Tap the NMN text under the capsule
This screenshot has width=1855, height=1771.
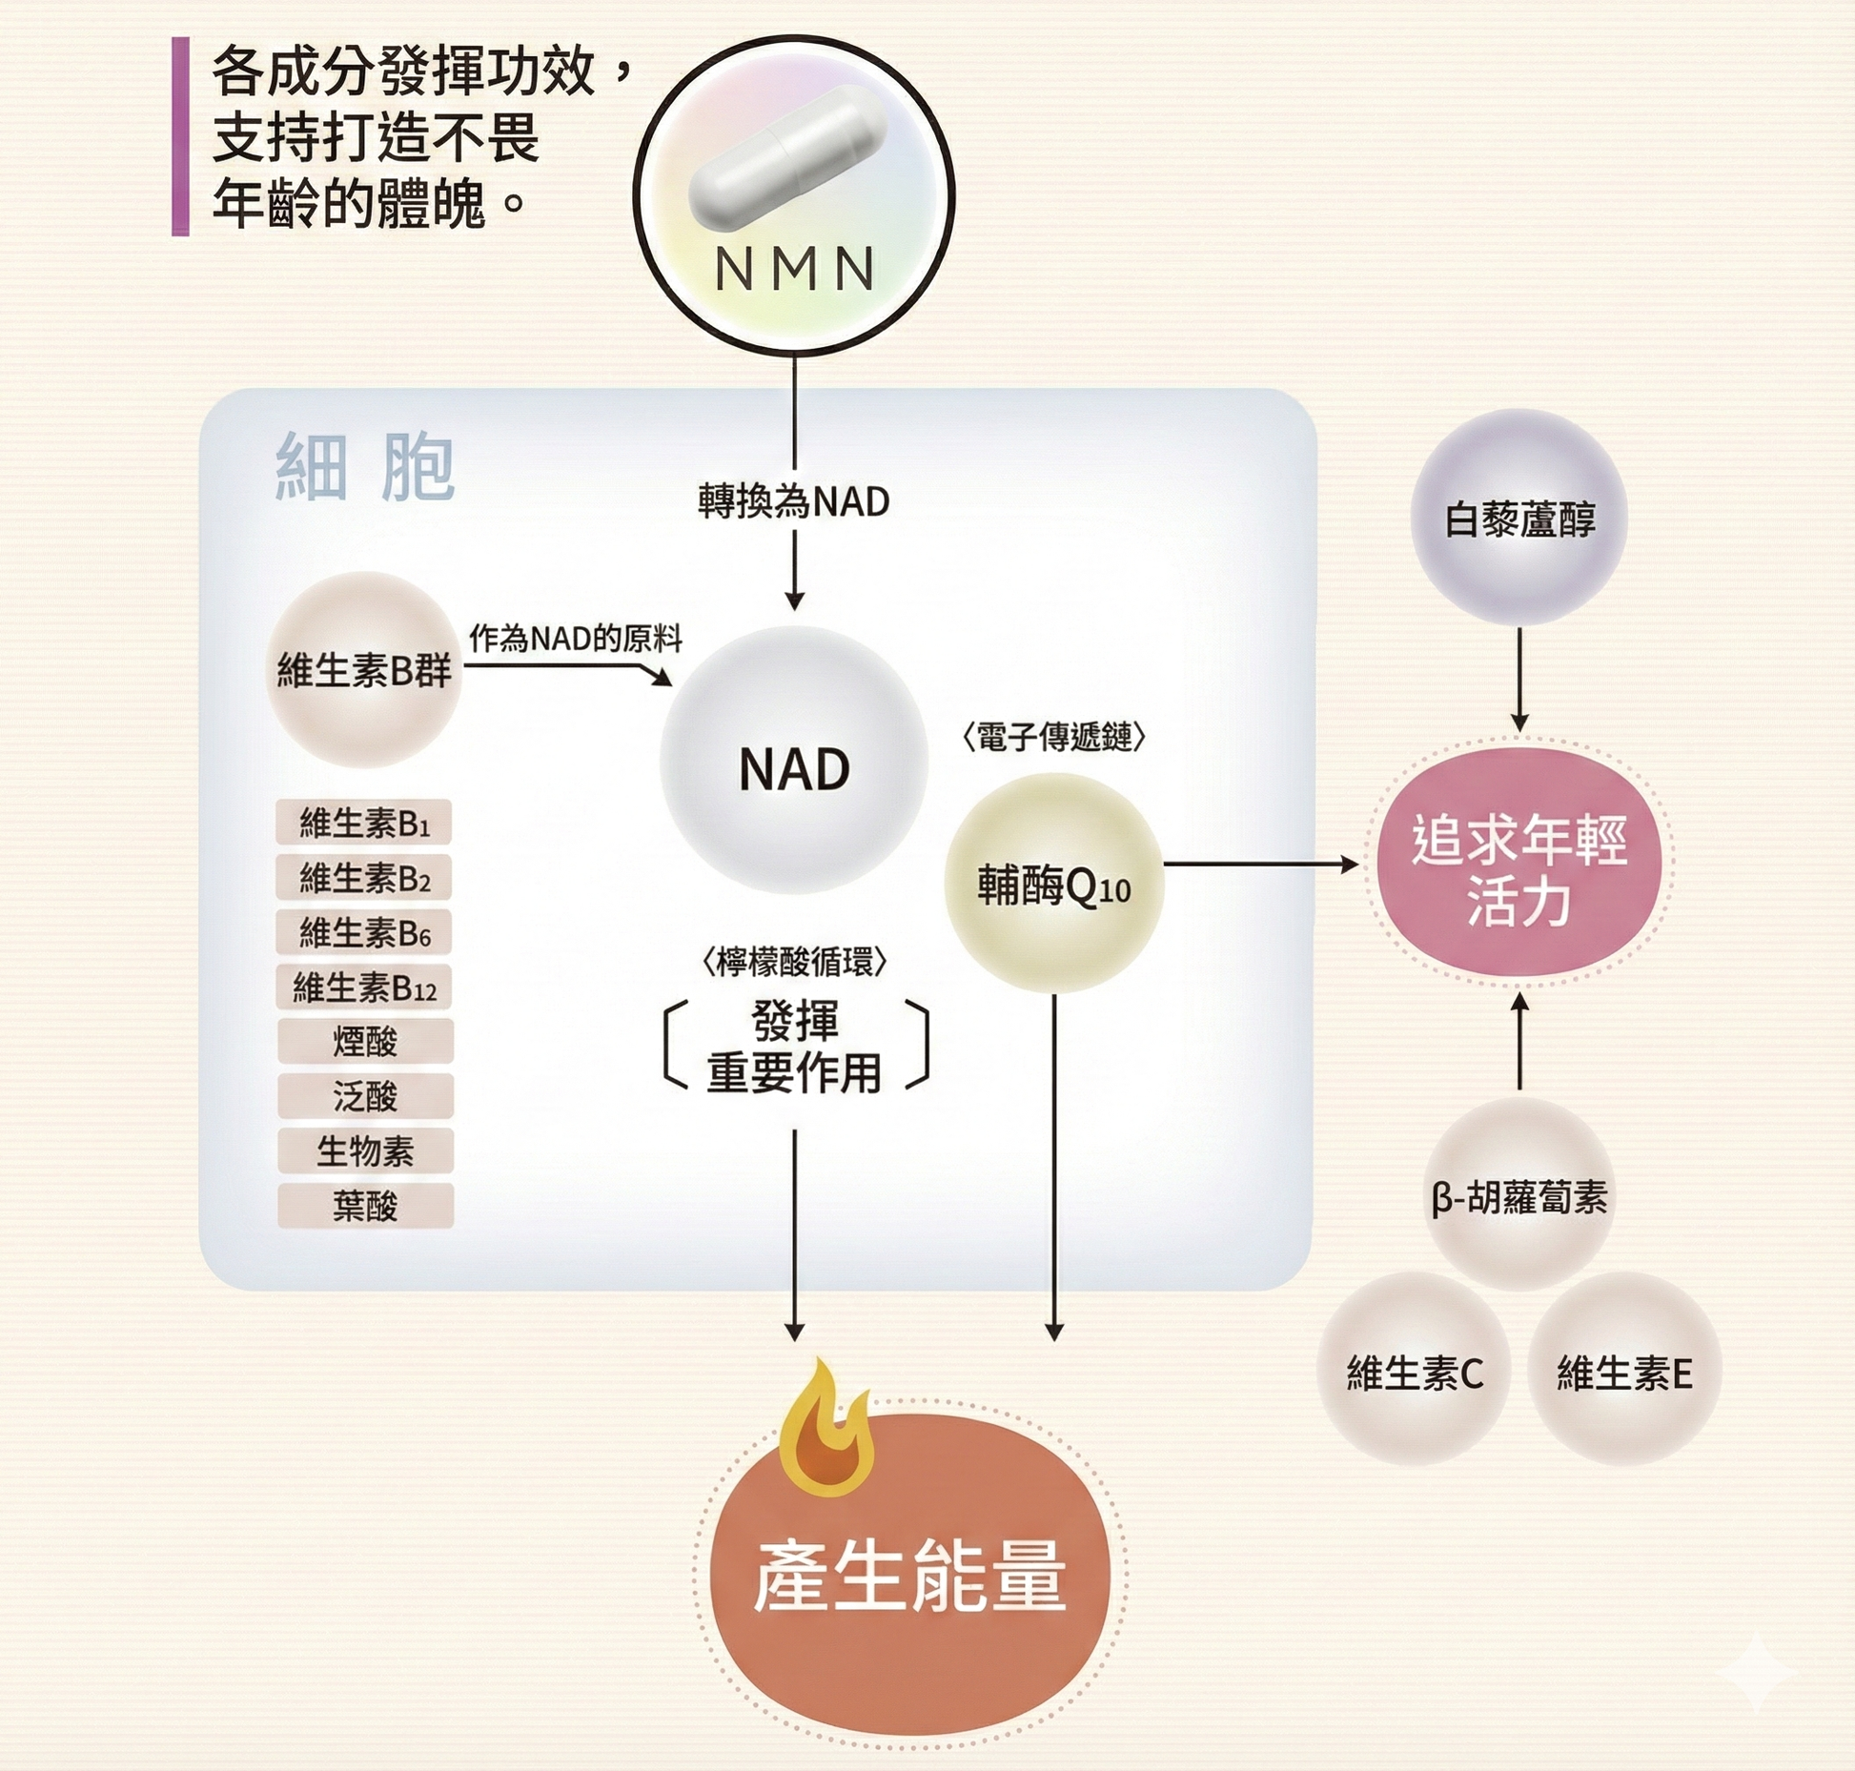click(794, 269)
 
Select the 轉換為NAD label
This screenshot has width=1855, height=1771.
click(793, 501)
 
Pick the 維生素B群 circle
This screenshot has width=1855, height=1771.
click(363, 670)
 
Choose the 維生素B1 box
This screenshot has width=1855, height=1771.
click(363, 823)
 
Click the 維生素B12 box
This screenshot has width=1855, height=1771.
click(363, 987)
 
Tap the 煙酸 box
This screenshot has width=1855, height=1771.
click(365, 1042)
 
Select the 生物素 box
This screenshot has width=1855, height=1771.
click(365, 1151)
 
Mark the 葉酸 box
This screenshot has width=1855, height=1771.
click(365, 1207)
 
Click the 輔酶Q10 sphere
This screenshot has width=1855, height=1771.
click(1053, 885)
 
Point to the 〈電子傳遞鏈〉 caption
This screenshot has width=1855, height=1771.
click(1053, 737)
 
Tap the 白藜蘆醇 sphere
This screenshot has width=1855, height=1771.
click(1519, 519)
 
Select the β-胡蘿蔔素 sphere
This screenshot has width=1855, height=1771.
click(1519, 1196)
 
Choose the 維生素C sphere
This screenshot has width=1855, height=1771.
click(1414, 1373)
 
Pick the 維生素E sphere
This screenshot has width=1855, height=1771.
click(1624, 1373)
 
